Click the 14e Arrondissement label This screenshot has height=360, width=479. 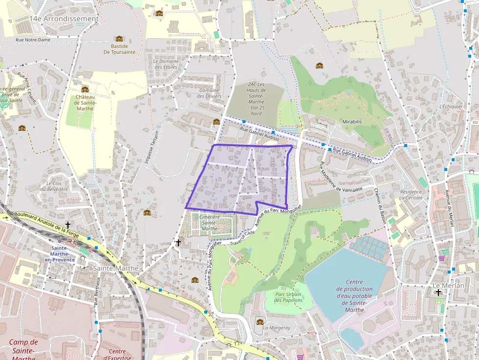tap(64, 19)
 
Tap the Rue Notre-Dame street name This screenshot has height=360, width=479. tap(33, 40)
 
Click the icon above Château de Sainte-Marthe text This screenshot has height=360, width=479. tap(85, 89)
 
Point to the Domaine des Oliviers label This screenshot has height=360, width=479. tap(209, 93)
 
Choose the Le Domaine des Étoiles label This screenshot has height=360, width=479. tap(166, 64)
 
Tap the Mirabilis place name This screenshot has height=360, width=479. tap(352, 122)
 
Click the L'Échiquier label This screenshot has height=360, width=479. tap(451, 106)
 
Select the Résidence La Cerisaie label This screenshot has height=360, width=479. tap(410, 195)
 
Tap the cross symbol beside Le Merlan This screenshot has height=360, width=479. tap(438, 293)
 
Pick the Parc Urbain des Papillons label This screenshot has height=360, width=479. tap(288, 297)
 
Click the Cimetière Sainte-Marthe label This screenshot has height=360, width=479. tap(209, 222)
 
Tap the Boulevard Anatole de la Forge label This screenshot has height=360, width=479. tap(46, 221)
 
